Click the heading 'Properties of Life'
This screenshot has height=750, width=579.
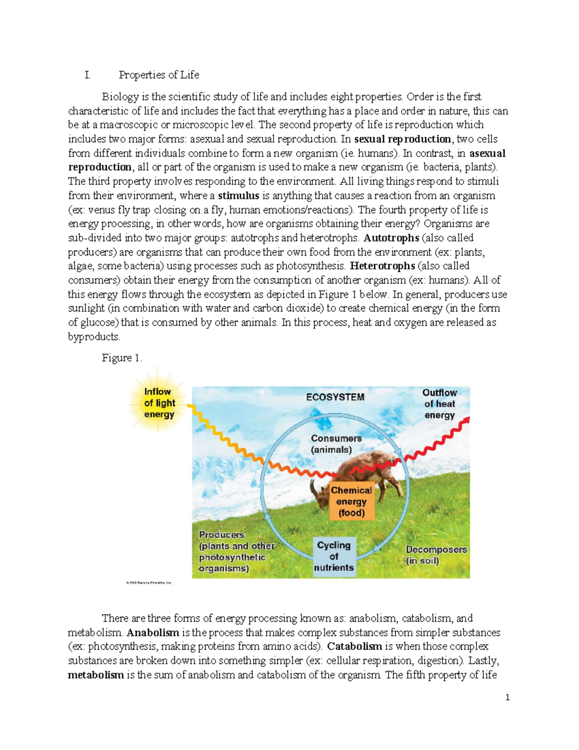click(159, 75)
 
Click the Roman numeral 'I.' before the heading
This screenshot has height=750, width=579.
click(87, 75)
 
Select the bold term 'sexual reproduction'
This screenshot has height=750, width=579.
click(402, 139)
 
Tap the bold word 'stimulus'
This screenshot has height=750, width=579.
click(238, 196)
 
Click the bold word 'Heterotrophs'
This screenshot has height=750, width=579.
click(382, 266)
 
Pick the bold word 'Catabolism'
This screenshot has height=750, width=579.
click(355, 647)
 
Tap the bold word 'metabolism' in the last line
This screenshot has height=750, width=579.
click(96, 675)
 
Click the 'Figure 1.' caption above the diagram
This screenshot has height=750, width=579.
click(122, 358)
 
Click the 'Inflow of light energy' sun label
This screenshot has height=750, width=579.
click(159, 403)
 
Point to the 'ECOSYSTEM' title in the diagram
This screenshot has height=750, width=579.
click(335, 397)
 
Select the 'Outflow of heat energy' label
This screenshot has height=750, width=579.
click(440, 404)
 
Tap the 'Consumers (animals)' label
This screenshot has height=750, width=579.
click(336, 444)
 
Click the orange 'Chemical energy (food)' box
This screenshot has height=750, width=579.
click(351, 501)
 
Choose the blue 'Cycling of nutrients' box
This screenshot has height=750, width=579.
click(333, 556)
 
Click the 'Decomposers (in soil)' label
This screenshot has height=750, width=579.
click(436, 555)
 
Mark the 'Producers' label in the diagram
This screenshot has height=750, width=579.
click(221, 535)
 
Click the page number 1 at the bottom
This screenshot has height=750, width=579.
click(507, 697)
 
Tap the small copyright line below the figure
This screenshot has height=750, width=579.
click(149, 583)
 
